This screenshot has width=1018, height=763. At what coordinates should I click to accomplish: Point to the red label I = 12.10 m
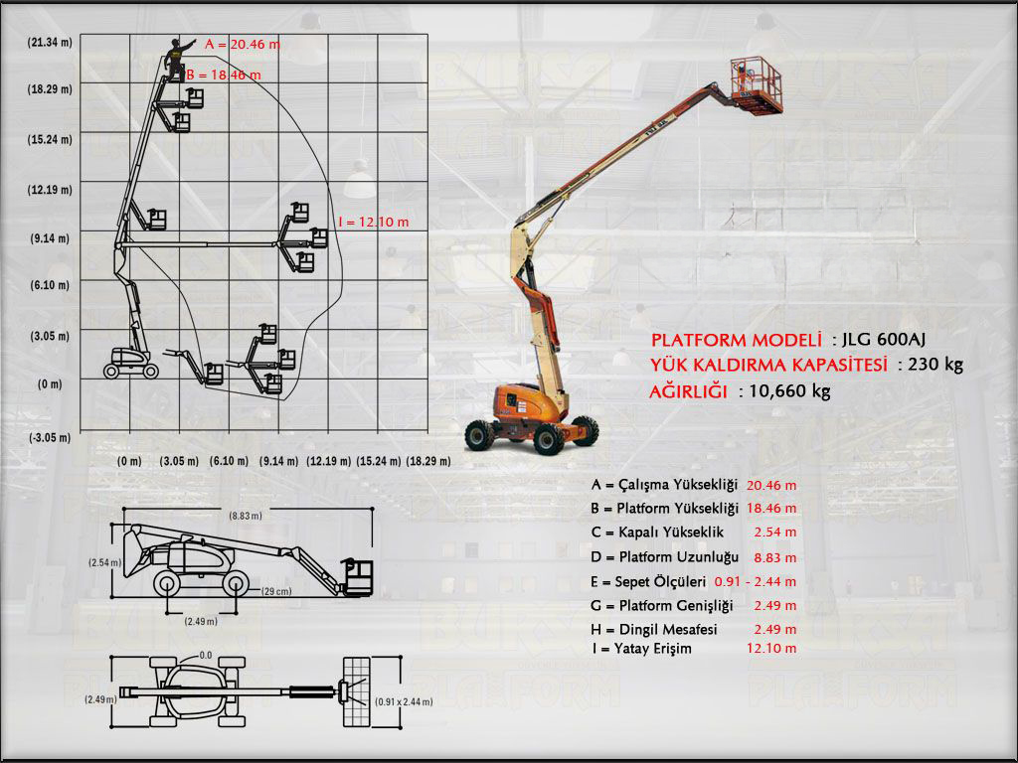(x=373, y=222)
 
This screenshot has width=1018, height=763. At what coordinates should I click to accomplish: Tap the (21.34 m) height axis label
(x=50, y=42)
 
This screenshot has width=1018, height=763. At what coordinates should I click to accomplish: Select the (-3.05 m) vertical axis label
(x=50, y=437)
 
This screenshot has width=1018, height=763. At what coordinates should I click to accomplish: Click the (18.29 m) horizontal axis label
(x=428, y=461)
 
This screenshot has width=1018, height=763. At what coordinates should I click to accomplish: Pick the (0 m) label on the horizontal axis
(x=129, y=461)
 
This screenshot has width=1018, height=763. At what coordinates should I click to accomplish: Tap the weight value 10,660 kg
(x=790, y=390)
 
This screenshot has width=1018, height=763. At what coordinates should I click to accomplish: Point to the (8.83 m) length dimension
(x=246, y=516)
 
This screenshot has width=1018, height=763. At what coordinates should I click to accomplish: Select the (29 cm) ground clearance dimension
(x=275, y=591)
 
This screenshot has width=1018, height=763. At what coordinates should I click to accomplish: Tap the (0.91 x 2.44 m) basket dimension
(x=404, y=701)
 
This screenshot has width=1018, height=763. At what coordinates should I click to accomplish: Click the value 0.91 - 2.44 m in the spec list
(x=756, y=581)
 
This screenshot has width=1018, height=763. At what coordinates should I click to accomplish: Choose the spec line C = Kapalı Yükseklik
(x=656, y=533)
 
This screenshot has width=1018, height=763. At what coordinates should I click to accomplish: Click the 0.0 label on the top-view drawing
(x=206, y=655)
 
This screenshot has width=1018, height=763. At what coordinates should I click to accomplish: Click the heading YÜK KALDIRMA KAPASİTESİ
(x=768, y=365)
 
